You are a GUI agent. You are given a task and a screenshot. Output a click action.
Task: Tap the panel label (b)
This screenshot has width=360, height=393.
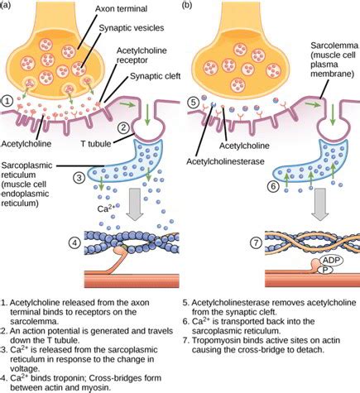coord(190,7)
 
